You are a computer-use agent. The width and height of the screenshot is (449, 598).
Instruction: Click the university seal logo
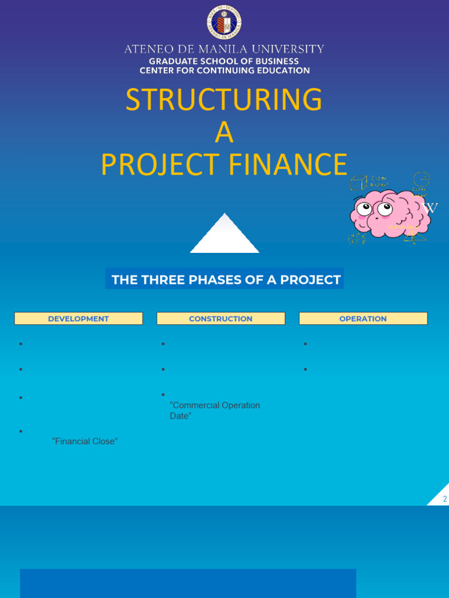(x=224, y=22)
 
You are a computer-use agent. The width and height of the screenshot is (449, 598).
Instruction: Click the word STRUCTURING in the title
(x=224, y=100)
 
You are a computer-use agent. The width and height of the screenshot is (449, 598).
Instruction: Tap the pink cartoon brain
(x=387, y=214)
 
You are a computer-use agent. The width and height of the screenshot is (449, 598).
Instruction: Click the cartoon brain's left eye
(x=365, y=208)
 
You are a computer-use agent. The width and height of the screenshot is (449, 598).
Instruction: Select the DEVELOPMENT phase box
(x=78, y=318)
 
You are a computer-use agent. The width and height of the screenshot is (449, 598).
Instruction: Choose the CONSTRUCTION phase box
(x=220, y=318)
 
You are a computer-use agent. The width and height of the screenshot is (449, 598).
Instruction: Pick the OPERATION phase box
(x=363, y=318)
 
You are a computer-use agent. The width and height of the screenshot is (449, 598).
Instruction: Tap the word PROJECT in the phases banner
(x=310, y=280)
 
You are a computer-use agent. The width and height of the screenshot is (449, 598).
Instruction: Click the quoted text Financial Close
(x=85, y=441)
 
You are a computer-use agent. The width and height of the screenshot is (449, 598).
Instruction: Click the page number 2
(x=445, y=499)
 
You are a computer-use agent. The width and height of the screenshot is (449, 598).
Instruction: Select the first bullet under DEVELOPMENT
(x=20, y=344)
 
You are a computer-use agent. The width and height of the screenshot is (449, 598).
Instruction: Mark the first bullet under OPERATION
(x=305, y=344)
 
